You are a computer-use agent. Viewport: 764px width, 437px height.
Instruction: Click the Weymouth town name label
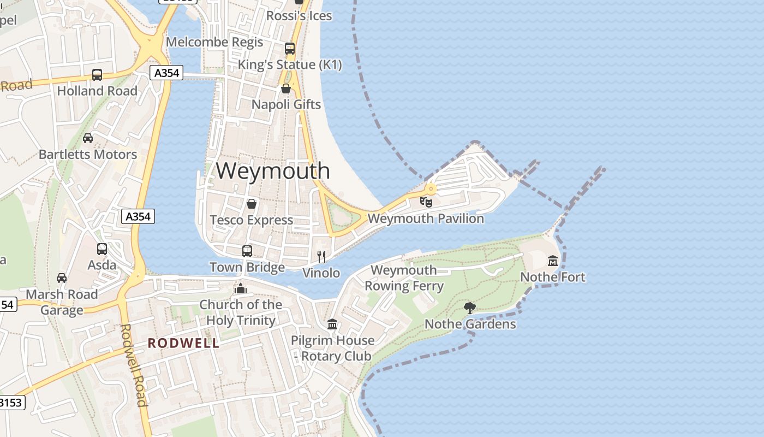[x=273, y=170]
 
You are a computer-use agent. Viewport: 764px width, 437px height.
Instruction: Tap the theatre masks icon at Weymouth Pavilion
[x=426, y=202]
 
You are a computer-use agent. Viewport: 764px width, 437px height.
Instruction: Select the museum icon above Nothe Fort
[x=553, y=261]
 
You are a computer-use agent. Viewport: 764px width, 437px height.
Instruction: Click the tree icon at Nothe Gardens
[x=469, y=308]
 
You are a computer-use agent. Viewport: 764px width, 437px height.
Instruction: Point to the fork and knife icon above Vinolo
[x=321, y=256]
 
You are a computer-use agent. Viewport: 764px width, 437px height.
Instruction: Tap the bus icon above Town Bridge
[x=247, y=251]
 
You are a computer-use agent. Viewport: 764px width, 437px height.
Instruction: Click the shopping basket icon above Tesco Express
[x=252, y=204]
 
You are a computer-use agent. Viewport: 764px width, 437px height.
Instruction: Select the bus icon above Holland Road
[x=97, y=74]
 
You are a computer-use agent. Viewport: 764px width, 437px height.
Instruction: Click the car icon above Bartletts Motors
[x=88, y=138]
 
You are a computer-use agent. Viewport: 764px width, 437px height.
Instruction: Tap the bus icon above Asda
[x=102, y=249]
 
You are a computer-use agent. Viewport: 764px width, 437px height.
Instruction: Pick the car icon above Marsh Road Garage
[x=62, y=277]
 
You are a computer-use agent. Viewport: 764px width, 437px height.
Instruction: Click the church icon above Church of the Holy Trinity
[x=241, y=288]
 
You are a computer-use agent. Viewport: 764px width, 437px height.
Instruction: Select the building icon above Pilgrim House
[x=332, y=324]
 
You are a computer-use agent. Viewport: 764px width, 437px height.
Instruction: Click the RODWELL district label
[x=184, y=343]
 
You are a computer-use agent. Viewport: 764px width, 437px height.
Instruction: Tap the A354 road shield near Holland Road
[x=166, y=73]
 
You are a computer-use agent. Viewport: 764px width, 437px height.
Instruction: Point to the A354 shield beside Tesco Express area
[x=138, y=216]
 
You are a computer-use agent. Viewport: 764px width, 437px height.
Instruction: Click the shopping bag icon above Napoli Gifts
[x=286, y=88]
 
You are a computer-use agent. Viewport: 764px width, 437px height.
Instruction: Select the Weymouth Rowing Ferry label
[x=404, y=277]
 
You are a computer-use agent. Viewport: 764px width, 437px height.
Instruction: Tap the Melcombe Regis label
[x=214, y=42]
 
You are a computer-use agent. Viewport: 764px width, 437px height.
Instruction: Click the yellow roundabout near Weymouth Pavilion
[x=431, y=190]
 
